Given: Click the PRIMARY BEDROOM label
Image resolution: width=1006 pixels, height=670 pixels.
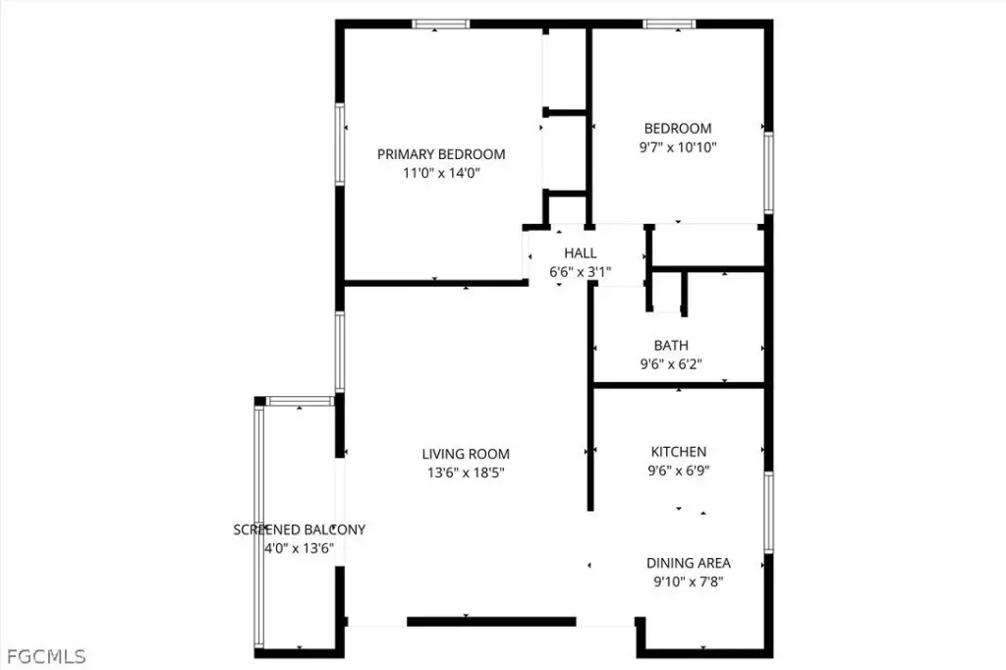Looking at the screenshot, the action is [x=441, y=154].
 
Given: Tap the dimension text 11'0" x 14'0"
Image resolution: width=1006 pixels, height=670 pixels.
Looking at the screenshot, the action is [x=441, y=173].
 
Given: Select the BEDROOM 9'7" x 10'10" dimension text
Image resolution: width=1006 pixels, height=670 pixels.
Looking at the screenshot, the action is [x=678, y=147].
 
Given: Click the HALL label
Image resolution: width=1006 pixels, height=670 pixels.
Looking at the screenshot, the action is [x=581, y=252].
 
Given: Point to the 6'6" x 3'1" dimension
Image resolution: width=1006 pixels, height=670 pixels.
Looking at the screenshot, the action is [x=580, y=271].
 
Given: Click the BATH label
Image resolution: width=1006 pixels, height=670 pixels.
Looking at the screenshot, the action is [x=671, y=345].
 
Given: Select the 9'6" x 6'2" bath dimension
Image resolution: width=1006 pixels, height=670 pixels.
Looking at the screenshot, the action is [x=671, y=363].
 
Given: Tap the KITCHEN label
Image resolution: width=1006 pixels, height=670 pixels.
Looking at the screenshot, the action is [x=679, y=451].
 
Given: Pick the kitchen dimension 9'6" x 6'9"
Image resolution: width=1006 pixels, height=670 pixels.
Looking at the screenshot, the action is [x=679, y=471].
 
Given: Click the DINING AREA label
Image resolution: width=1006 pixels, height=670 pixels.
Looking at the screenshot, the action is [x=689, y=563].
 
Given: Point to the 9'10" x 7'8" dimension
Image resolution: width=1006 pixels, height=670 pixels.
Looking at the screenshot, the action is [x=689, y=582].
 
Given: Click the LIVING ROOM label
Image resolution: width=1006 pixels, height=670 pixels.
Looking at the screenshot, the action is [x=466, y=454].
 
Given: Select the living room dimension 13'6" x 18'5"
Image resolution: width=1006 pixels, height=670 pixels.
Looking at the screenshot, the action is [x=466, y=473].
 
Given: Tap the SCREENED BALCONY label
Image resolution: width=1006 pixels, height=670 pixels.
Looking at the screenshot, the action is [x=299, y=530].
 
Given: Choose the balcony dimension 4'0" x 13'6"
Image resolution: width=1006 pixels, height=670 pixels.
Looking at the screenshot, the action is [x=299, y=548].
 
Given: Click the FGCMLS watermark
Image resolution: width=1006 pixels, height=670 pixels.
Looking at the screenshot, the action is [x=46, y=656].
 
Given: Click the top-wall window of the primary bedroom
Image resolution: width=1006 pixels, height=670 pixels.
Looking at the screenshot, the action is [x=441, y=25].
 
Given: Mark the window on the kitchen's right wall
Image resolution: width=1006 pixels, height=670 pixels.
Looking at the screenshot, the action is [x=768, y=512].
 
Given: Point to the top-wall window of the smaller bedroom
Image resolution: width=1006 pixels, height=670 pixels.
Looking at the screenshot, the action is [x=669, y=25].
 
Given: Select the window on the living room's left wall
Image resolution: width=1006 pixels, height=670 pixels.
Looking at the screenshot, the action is [x=340, y=352].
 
